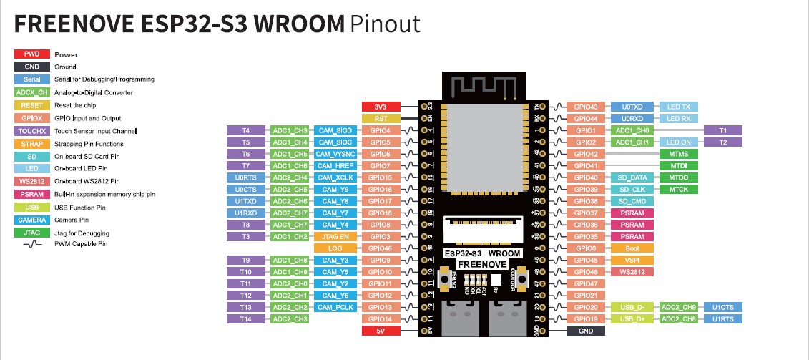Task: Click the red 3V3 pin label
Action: click(380, 107)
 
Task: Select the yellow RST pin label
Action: click(380, 118)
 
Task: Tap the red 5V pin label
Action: click(380, 331)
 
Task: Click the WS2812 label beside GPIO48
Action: click(632, 272)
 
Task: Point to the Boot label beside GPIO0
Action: click(632, 248)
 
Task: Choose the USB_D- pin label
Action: click(632, 307)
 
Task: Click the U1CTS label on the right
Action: click(723, 307)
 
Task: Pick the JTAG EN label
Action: click(335, 236)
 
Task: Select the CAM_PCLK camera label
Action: click(335, 307)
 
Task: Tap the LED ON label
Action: click(677, 142)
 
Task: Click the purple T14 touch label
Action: click(245, 318)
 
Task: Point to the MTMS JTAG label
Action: click(677, 154)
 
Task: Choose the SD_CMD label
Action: click(632, 201)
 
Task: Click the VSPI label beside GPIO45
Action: click(632, 260)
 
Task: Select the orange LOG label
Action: click(335, 248)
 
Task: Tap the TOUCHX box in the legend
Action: click(32, 131)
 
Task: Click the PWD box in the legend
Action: click(32, 54)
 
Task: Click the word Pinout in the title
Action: click(386, 24)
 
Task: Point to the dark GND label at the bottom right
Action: click(586, 331)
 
